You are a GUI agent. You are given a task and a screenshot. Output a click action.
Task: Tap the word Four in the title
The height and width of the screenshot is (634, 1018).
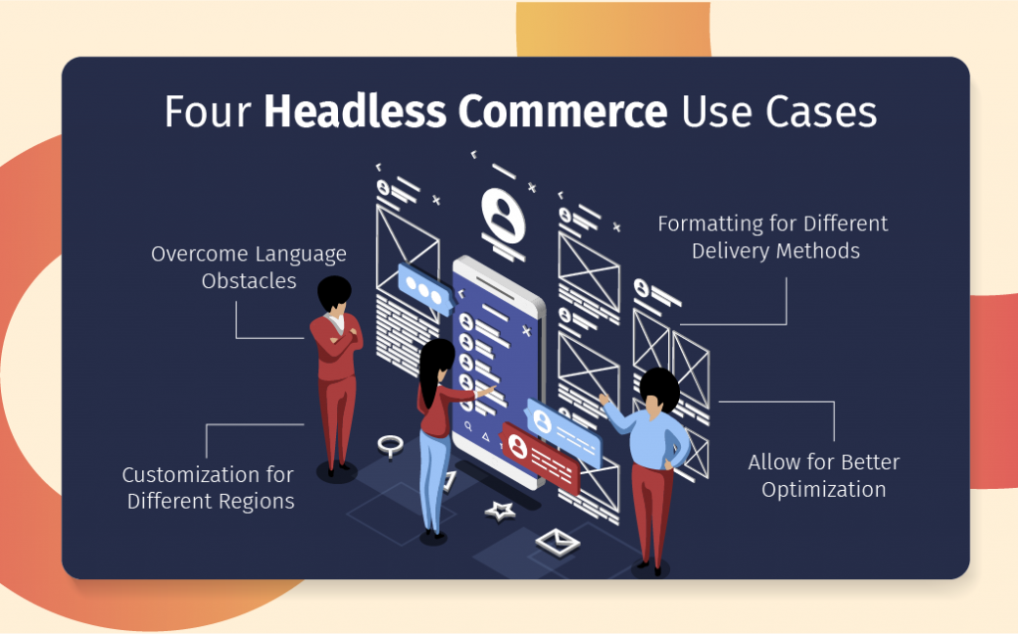(209, 111)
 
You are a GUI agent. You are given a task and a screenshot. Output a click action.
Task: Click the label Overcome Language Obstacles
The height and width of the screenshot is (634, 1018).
(249, 267)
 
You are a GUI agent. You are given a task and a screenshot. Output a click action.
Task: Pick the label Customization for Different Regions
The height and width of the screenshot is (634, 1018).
(210, 487)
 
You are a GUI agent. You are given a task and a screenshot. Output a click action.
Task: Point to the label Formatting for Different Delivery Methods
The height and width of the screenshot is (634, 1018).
(772, 237)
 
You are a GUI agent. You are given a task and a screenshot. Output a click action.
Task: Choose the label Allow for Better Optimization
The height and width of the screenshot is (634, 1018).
(823, 475)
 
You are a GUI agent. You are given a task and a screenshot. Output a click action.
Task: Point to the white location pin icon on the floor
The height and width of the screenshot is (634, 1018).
(389, 445)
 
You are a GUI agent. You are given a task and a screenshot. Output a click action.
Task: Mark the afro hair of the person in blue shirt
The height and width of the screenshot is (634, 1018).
(657, 387)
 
